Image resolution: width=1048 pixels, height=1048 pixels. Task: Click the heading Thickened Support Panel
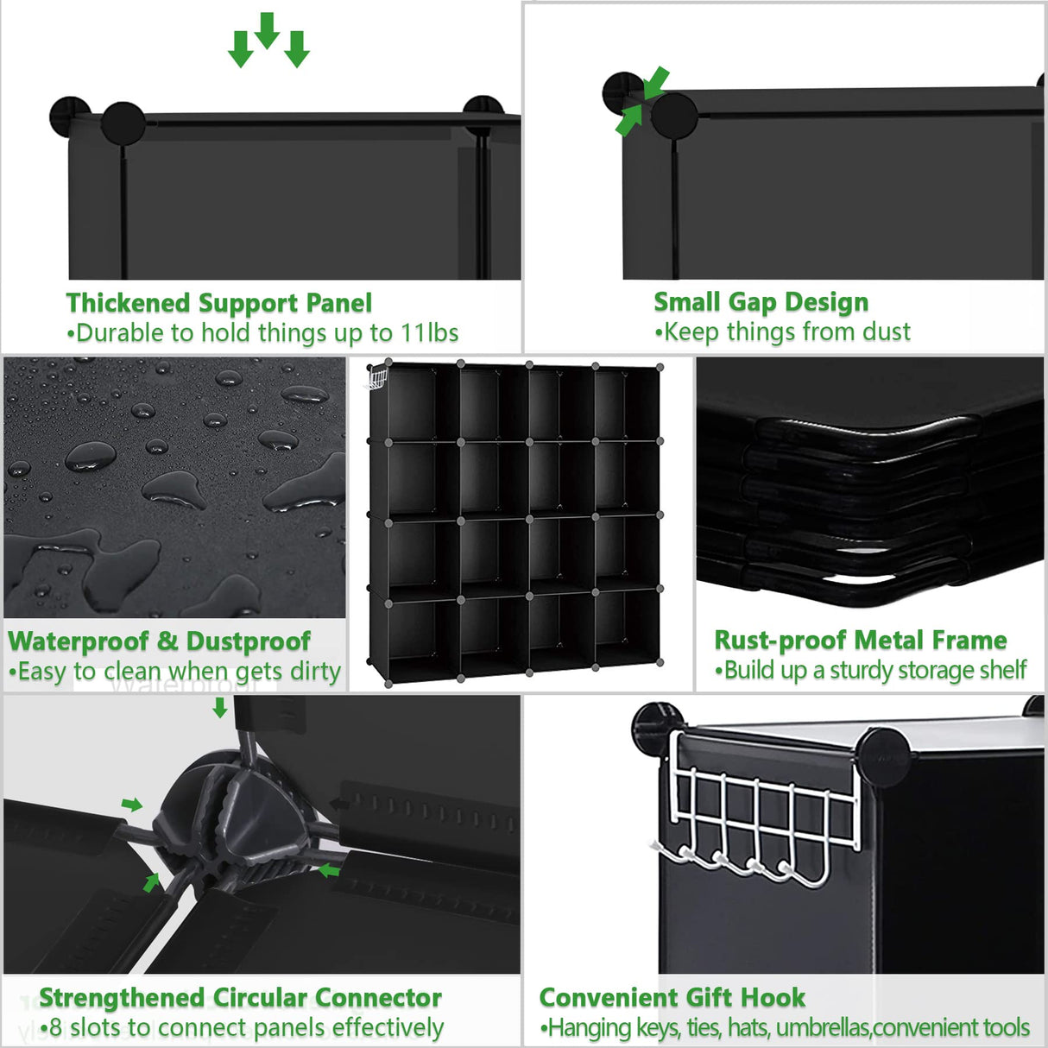218,303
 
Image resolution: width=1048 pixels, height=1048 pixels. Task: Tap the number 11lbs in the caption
429,333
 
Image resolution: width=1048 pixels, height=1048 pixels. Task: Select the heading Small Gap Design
761,302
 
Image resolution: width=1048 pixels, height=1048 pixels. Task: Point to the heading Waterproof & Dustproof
159,641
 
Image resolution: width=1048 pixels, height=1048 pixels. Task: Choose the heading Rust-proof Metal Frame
860,641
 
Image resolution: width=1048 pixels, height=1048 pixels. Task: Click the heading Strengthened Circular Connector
240,998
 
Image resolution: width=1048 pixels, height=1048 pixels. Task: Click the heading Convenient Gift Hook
672,998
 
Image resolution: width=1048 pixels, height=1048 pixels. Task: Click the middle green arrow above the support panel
268,30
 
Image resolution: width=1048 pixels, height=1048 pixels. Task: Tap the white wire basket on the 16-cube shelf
377,378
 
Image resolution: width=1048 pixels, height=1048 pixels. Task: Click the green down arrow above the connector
220,708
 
